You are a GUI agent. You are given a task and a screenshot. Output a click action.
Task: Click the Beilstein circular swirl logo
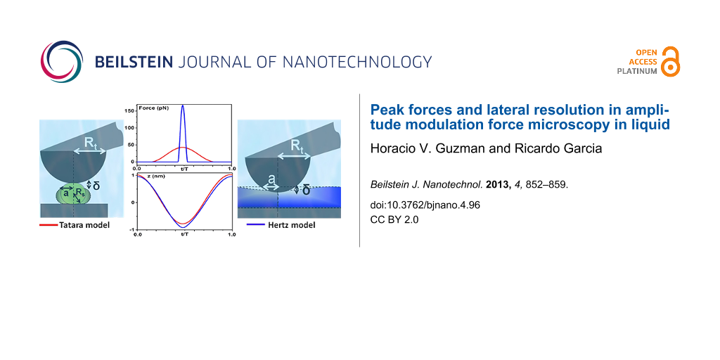(x=62, y=62)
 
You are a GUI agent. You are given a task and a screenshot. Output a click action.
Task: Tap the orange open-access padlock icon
(x=671, y=61)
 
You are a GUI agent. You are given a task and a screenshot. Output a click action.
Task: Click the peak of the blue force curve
(x=183, y=105)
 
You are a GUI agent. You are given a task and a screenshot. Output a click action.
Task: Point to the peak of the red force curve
(x=183, y=148)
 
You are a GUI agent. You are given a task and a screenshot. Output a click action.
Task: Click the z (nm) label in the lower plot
(x=148, y=176)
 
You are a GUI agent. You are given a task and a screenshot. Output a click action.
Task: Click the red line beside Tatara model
(x=49, y=226)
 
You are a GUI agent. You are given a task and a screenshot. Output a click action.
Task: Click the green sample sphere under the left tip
(x=73, y=194)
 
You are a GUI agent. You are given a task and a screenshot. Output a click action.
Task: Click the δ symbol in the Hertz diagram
(x=305, y=190)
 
